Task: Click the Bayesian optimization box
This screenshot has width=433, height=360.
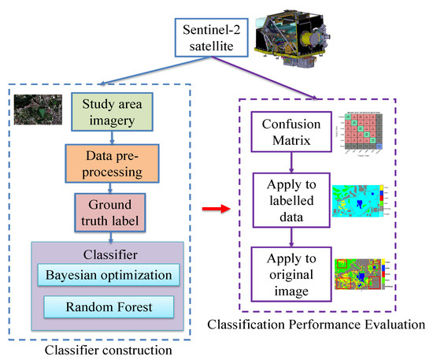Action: pyautogui.click(x=109, y=275)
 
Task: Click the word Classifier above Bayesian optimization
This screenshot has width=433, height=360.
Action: pyautogui.click(x=107, y=254)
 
